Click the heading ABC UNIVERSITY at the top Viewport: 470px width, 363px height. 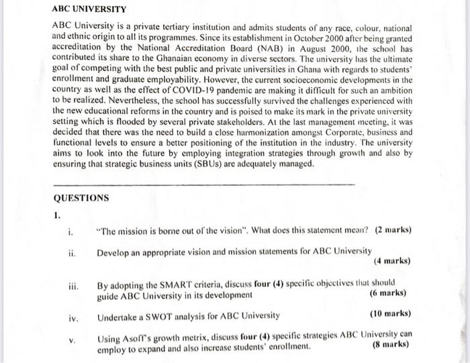pos(90,11)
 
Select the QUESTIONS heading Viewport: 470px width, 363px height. pos(80,198)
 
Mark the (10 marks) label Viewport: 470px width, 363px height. pos(390,314)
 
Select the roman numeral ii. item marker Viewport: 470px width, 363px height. pos(71,253)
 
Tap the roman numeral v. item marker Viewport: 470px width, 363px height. pos(73,339)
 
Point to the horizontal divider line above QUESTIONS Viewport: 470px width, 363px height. pos(201,183)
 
